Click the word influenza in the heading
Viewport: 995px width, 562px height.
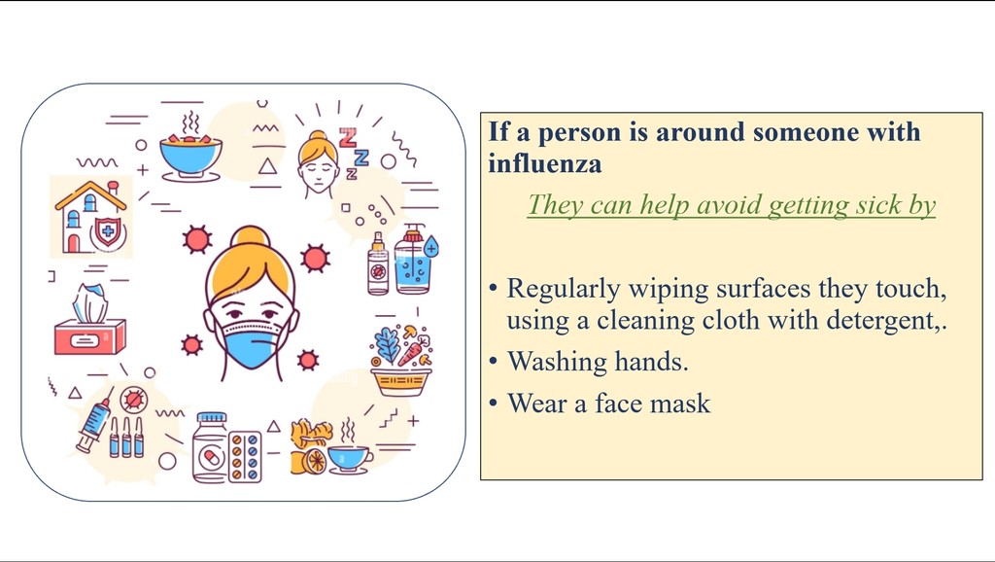coord(544,164)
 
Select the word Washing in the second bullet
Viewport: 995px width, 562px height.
coord(557,363)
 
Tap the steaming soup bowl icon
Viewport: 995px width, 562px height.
coord(190,149)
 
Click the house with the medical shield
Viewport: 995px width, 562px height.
coord(91,217)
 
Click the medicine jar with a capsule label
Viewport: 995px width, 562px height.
coord(210,447)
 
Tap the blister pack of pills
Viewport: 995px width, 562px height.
coord(245,457)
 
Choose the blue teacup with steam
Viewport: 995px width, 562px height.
coord(349,452)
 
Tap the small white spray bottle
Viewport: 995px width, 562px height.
coord(378,264)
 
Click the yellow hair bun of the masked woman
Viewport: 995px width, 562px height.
coord(251,236)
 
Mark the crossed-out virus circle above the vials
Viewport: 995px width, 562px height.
coord(134,400)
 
